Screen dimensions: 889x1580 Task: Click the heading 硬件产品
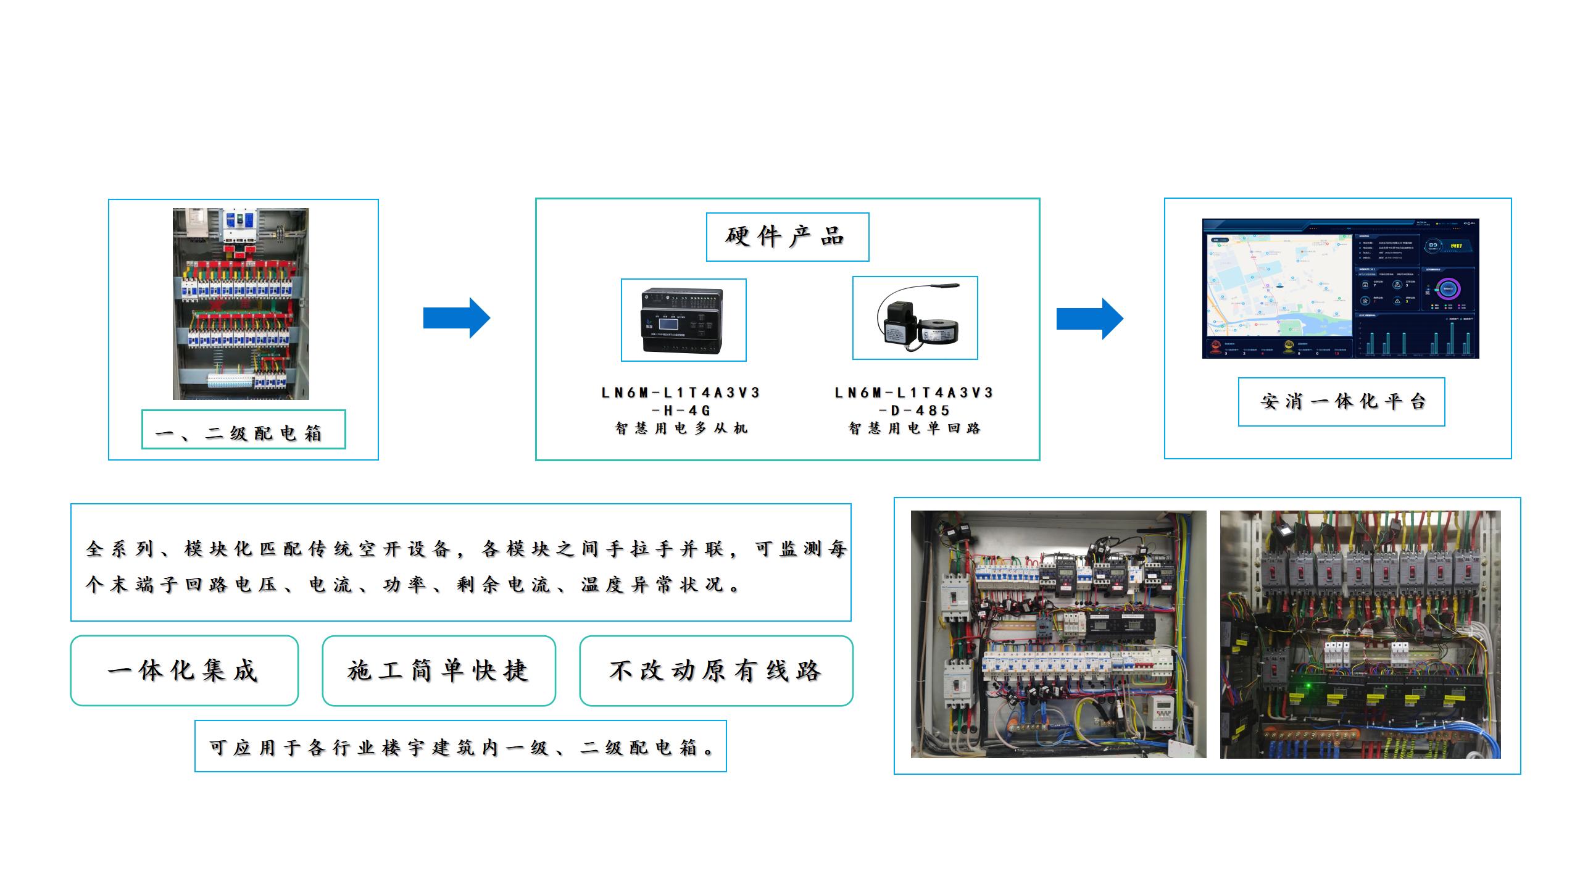[x=786, y=236]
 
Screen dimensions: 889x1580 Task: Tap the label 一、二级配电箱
[x=243, y=432]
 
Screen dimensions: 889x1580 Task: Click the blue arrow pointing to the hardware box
[x=456, y=318]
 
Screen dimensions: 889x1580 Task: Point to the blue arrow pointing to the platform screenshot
[x=1090, y=319]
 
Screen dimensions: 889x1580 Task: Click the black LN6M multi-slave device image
[x=683, y=320]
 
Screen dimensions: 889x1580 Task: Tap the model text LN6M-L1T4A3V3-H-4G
[x=681, y=401]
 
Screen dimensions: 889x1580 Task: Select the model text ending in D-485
[x=914, y=401]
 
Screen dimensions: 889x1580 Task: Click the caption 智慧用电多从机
[x=681, y=428]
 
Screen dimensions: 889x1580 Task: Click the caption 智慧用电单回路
[x=914, y=428]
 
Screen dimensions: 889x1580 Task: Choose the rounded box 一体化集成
[x=184, y=670]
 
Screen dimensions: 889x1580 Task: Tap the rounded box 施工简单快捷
[x=439, y=670]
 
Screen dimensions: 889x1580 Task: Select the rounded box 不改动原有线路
[x=716, y=670]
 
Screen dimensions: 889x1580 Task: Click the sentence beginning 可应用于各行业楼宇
[x=460, y=747]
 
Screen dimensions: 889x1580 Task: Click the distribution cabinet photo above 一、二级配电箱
[x=241, y=304]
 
